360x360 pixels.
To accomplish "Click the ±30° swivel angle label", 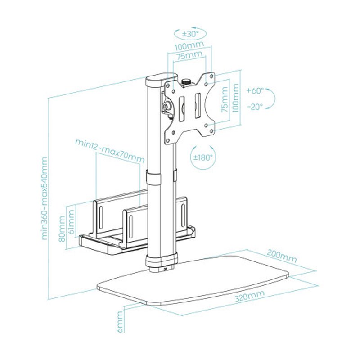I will pyautogui.click(x=189, y=33).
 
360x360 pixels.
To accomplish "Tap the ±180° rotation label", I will pyautogui.click(x=203, y=157).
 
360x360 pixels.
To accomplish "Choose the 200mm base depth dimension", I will pyautogui.click(x=282, y=256).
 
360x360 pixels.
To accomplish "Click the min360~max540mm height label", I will pyautogui.click(x=45, y=198).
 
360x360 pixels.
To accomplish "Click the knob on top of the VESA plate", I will pyautogui.click(x=186, y=82).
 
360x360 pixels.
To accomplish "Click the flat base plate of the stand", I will pyautogui.click(x=193, y=279).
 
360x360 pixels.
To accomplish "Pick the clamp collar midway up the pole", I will pyautogui.click(x=161, y=177).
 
